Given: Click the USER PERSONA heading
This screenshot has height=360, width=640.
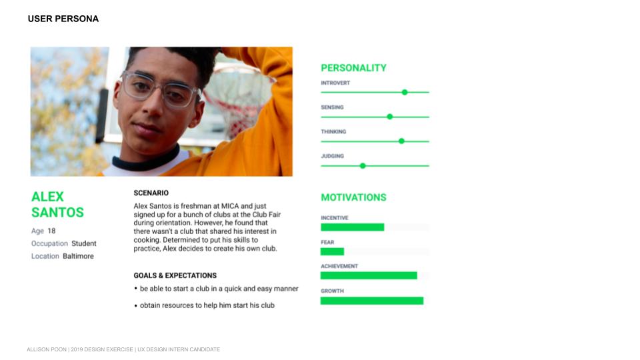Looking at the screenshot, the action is click(x=63, y=19).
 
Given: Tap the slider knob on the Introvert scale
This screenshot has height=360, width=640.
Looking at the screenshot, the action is click(x=405, y=92).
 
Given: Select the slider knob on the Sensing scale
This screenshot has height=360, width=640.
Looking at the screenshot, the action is click(x=390, y=117).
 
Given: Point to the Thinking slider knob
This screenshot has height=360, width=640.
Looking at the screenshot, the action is click(x=401, y=141).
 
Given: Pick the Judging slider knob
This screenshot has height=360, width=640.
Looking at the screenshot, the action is click(x=363, y=166).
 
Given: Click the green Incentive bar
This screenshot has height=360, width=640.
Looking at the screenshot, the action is click(x=352, y=227).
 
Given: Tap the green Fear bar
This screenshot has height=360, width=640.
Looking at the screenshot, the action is click(x=332, y=251).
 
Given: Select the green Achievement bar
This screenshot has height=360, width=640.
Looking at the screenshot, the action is click(x=369, y=275).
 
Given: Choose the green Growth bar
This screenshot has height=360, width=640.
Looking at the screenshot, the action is click(x=372, y=301).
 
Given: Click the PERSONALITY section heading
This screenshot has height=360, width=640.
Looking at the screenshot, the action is click(x=353, y=68).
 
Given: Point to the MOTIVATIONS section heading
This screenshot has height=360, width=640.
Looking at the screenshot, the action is click(x=353, y=197).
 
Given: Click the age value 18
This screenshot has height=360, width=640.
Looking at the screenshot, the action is click(x=51, y=231).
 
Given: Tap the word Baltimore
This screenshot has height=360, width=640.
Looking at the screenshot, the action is click(x=79, y=256).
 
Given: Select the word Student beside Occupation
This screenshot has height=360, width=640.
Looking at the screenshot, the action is click(x=84, y=244).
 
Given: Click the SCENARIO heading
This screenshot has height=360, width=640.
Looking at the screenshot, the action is click(x=151, y=193).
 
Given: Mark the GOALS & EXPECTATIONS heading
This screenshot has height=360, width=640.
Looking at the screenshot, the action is click(x=175, y=275).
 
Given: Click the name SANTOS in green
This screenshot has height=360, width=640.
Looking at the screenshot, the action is click(x=57, y=213).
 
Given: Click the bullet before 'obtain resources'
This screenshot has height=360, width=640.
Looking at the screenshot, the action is click(x=136, y=306).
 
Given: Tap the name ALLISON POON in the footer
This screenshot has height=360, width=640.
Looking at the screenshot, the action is click(x=47, y=349).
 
